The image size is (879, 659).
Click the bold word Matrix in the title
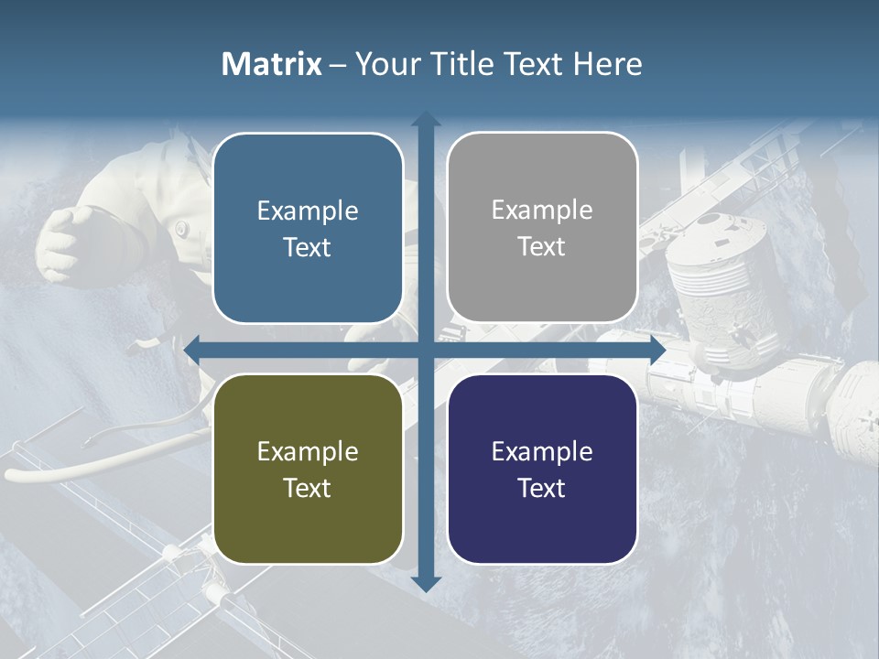click(272, 64)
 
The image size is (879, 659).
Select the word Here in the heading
click(608, 64)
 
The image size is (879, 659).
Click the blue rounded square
click(308, 229)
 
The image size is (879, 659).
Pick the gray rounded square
click(542, 228)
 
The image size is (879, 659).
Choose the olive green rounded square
click(308, 470)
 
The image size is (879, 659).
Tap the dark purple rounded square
click(542, 470)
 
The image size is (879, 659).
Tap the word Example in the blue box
click(308, 211)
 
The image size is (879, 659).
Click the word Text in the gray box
click(542, 247)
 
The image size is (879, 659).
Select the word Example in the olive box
click(308, 451)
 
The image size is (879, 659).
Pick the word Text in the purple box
click(542, 488)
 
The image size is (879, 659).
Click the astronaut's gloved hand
click(66, 240)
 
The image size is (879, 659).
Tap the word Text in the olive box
click(308, 488)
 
